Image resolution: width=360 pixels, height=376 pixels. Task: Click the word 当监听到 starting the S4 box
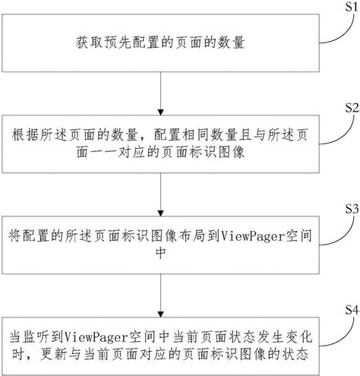click(36, 337)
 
